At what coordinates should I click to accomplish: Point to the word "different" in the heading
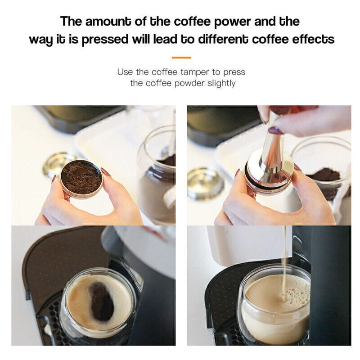pos(223,39)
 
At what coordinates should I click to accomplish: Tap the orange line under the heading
pos(181,58)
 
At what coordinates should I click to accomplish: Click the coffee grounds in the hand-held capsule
pos(81,177)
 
